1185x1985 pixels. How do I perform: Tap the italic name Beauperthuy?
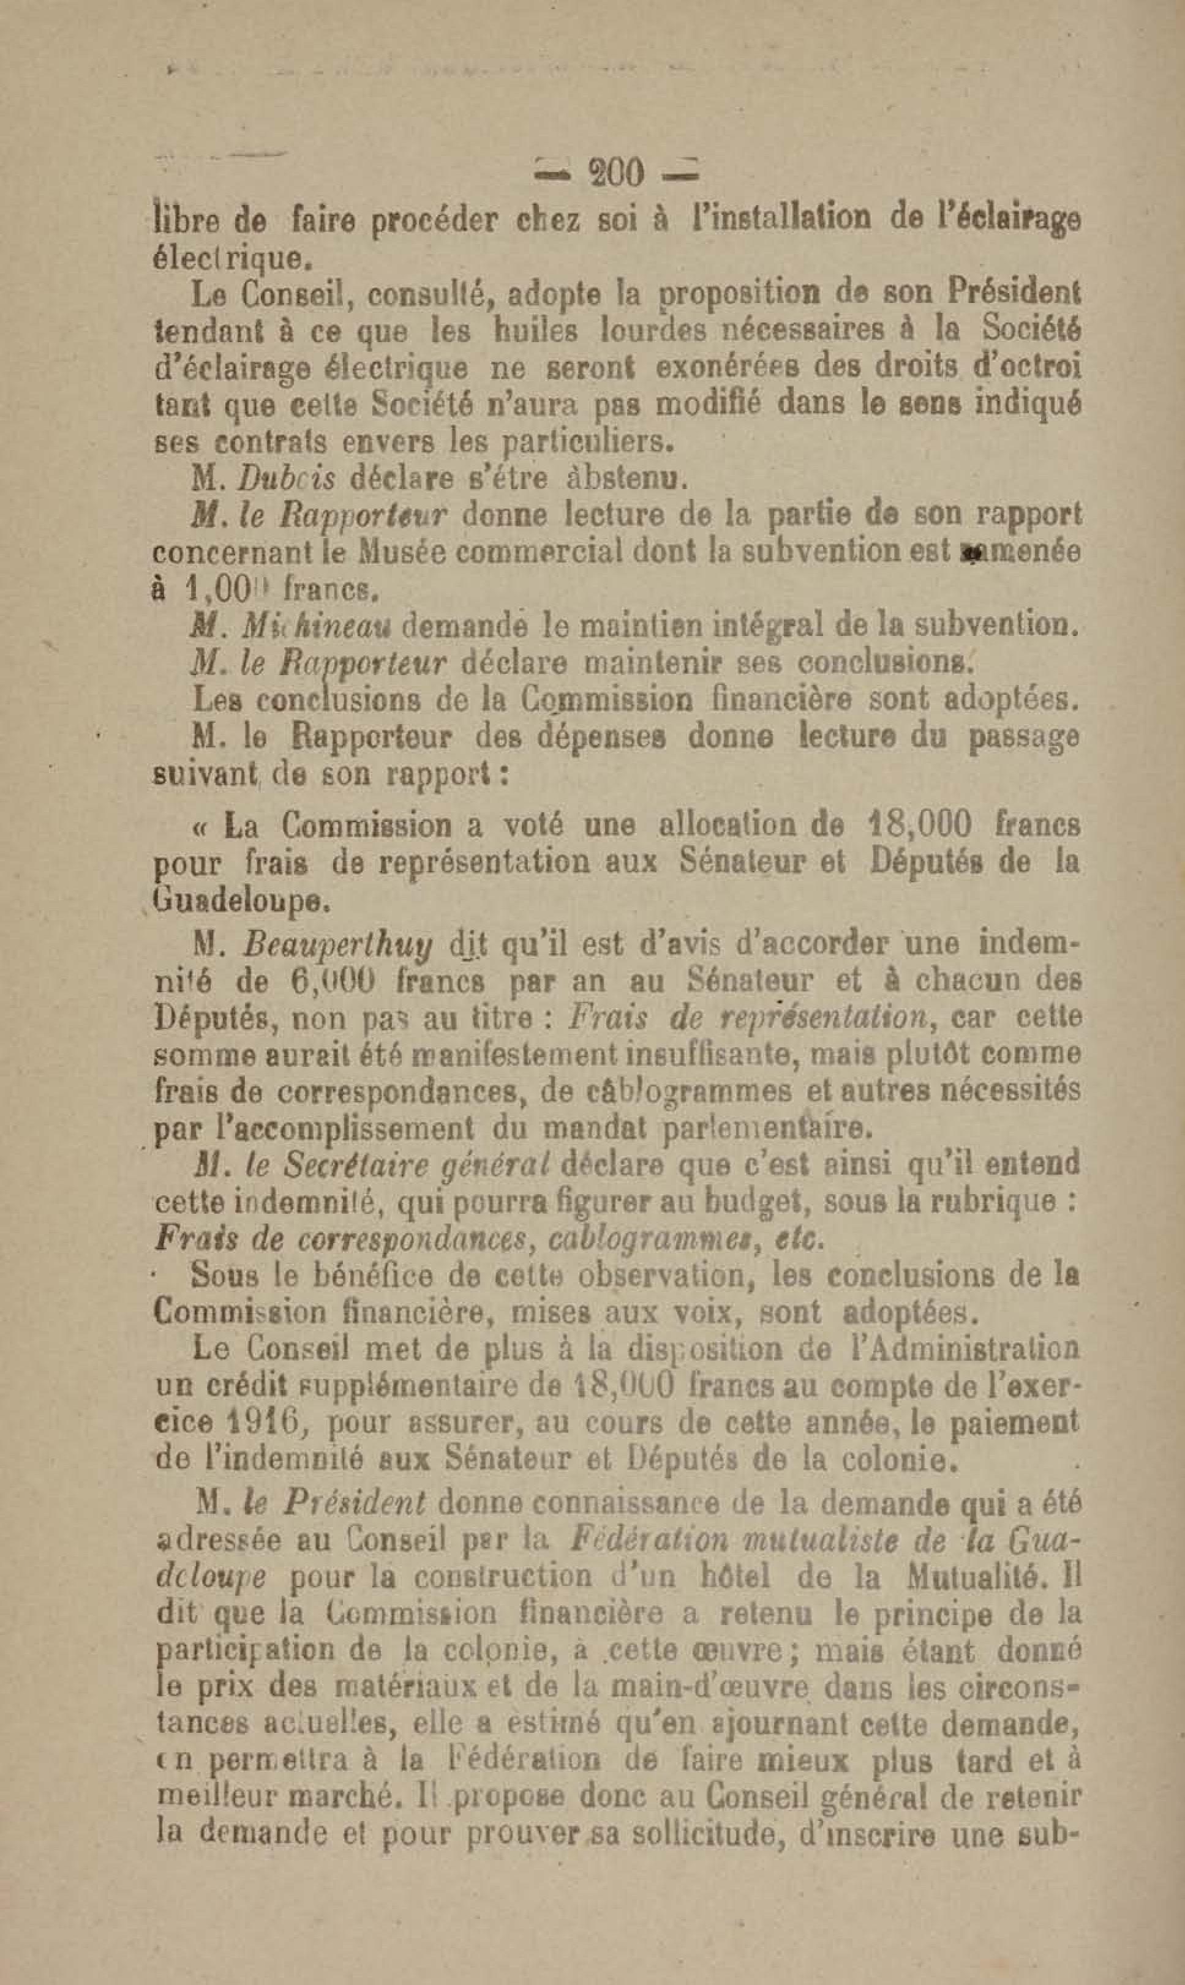[x=339, y=946]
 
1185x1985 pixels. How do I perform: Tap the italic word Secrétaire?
[x=357, y=1164]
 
